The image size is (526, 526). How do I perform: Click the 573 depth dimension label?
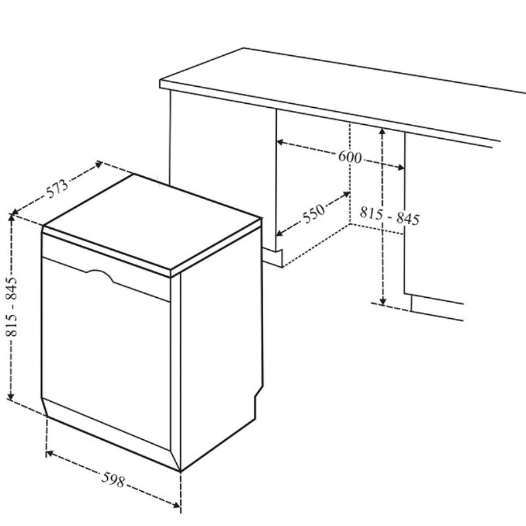[57, 189]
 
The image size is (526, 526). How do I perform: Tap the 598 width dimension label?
[113, 480]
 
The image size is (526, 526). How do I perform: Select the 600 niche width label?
[350, 156]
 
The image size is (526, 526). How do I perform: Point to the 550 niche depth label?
[314, 213]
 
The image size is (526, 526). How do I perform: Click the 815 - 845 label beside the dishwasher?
[11, 306]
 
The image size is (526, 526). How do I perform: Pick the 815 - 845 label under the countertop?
[389, 216]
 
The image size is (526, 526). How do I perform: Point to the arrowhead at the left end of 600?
[280, 143]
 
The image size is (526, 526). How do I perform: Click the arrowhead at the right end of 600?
[400, 167]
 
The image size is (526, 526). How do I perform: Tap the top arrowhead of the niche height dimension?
[382, 131]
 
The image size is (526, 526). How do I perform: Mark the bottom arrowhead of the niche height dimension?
[383, 301]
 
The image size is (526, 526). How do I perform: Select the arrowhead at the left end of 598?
[50, 454]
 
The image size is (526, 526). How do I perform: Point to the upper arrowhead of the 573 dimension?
[99, 164]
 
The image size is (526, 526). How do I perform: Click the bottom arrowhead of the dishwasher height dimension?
[11, 396]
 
